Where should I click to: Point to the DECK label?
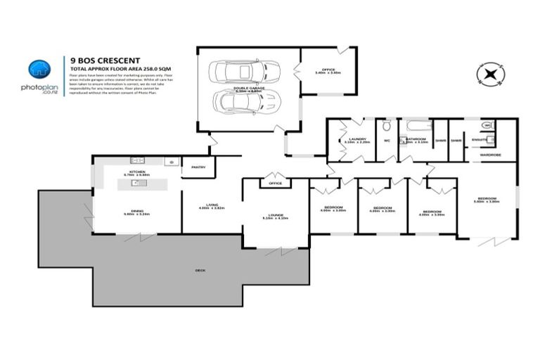200,270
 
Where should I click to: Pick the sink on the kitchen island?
136,184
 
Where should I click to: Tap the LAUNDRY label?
358,139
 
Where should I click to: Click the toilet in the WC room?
386,127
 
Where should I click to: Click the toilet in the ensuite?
489,126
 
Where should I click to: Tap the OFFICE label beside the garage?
327,69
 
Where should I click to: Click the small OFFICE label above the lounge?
275,184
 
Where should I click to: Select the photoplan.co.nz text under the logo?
39,90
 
